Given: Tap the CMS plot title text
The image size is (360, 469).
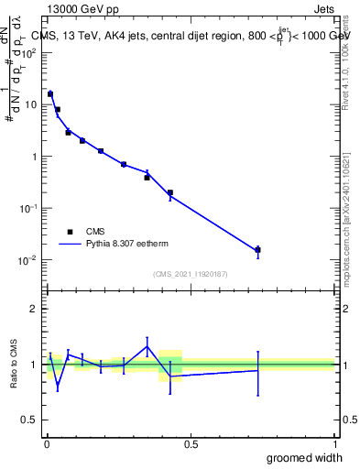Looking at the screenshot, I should pyautogui.click(x=192, y=37).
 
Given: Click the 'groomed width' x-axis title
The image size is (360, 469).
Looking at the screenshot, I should pyautogui.click(x=305, y=457).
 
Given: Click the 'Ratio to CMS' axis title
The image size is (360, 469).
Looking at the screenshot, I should pyautogui.click(x=14, y=365).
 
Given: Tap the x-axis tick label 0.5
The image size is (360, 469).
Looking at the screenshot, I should pyautogui.click(x=191, y=443).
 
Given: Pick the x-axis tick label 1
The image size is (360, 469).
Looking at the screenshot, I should pyautogui.click(x=336, y=443).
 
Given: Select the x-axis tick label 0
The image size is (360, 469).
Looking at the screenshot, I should pyautogui.click(x=47, y=443).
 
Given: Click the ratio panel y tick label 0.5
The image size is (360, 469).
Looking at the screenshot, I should pyautogui.click(x=28, y=420).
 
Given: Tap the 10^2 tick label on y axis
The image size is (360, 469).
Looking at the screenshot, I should pyautogui.click(x=27, y=52).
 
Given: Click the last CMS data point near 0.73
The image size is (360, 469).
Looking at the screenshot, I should pyautogui.click(x=258, y=249).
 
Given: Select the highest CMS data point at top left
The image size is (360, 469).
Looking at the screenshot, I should pyautogui.click(x=50, y=93).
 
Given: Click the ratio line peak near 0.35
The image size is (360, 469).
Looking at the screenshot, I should pyautogui.click(x=147, y=345).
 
